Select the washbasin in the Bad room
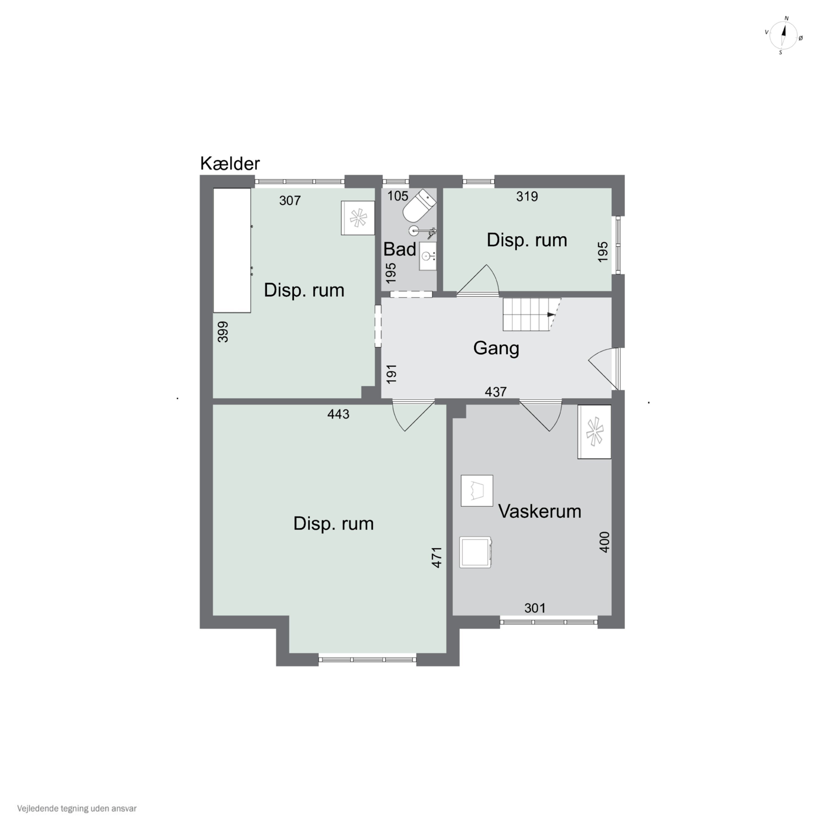(x=428, y=256)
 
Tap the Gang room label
(x=496, y=348)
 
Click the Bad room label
(x=399, y=249)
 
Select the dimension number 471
(x=437, y=557)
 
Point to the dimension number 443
(x=338, y=414)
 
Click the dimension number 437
(x=496, y=392)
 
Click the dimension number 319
(x=527, y=197)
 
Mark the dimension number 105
(x=398, y=196)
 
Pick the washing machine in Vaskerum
(x=476, y=552)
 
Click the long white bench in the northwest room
(x=232, y=250)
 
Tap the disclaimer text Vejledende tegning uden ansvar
(x=77, y=809)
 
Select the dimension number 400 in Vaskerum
(x=605, y=542)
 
